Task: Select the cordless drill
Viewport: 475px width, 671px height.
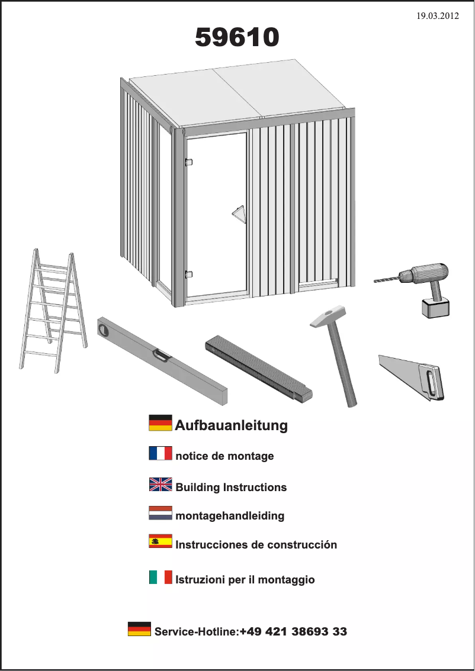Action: coord(423,284)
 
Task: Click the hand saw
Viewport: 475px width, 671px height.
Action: coord(415,376)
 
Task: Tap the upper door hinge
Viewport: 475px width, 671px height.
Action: coord(188,162)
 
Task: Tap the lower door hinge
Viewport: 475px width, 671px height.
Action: coord(188,274)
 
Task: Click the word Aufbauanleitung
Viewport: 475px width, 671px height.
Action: coord(231,425)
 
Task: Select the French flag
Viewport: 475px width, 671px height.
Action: coord(160,454)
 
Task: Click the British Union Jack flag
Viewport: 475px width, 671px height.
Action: coord(160,485)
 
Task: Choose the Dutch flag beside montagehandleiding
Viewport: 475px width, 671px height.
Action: coord(160,513)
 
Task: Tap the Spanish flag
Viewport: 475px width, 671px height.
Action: coord(160,541)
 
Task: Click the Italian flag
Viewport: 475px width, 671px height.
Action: coord(160,578)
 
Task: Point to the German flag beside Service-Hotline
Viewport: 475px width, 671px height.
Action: coord(139,629)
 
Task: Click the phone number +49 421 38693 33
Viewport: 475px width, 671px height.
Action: coord(293,631)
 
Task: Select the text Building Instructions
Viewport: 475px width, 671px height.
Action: coord(231,488)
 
